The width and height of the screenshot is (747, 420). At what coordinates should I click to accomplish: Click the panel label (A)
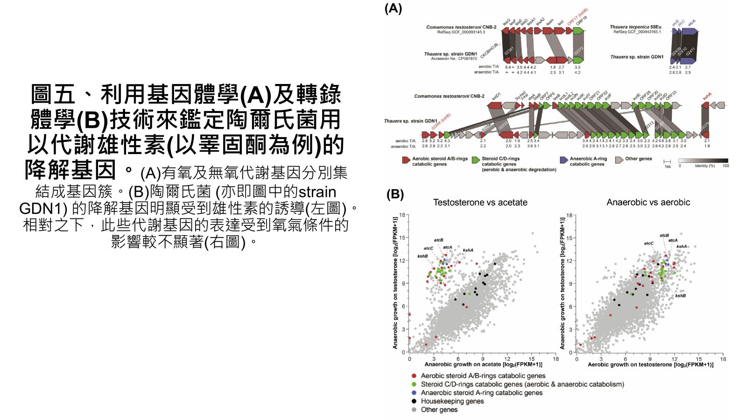pyautogui.click(x=393, y=9)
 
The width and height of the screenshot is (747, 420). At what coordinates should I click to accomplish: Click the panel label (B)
pyautogui.click(x=395, y=194)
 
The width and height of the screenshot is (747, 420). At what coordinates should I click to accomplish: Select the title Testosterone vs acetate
pyautogui.click(x=480, y=203)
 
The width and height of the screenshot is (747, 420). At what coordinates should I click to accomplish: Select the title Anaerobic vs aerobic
pyautogui.click(x=648, y=203)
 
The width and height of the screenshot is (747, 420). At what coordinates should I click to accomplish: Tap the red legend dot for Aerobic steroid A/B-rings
pyautogui.click(x=414, y=376)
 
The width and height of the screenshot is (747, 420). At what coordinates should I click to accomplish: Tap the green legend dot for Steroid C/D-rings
pyautogui.click(x=414, y=384)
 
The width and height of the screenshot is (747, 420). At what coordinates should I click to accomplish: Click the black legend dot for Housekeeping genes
pyautogui.click(x=414, y=401)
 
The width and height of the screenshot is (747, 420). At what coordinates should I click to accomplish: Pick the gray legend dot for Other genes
pyautogui.click(x=414, y=409)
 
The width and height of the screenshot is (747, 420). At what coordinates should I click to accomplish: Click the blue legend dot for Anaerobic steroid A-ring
pyautogui.click(x=414, y=392)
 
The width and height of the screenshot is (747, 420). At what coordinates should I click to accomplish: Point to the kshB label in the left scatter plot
pyautogui.click(x=423, y=256)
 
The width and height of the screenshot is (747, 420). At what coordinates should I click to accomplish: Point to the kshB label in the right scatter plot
pyautogui.click(x=680, y=296)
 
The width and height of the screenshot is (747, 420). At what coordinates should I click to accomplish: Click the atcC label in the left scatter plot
pyautogui.click(x=428, y=248)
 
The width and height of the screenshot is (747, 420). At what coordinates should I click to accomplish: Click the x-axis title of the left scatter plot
pyautogui.click(x=483, y=364)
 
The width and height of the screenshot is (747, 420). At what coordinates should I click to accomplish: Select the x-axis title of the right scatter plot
pyautogui.click(x=650, y=364)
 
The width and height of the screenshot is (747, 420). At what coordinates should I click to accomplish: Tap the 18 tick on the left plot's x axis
pyautogui.click(x=556, y=359)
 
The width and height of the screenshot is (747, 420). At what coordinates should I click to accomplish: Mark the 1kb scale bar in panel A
pyautogui.click(x=667, y=161)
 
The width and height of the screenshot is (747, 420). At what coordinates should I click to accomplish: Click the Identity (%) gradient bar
pyautogui.click(x=703, y=160)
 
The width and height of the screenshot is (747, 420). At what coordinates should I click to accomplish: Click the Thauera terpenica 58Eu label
pyautogui.click(x=635, y=27)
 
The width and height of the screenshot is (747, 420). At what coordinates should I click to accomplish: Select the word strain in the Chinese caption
pyautogui.click(x=317, y=192)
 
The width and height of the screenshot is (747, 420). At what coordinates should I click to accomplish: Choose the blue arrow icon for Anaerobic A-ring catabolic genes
pyautogui.click(x=564, y=160)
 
